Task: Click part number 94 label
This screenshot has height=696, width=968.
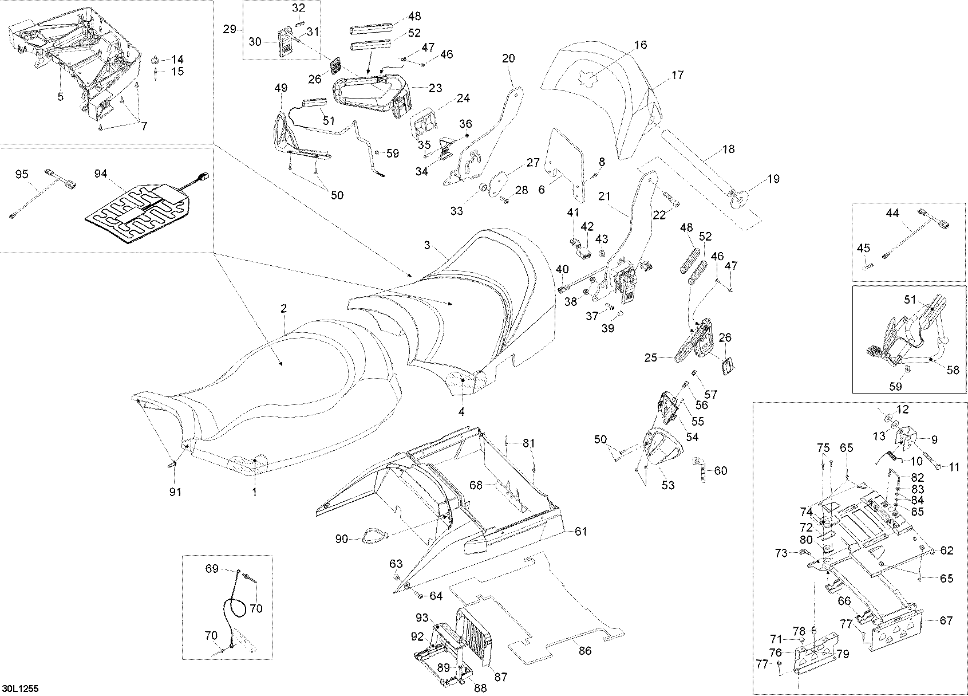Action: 101,174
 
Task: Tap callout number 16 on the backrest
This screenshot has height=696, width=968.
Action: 641,45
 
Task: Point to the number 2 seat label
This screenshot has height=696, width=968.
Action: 283,309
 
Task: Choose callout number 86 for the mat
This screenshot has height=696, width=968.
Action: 585,651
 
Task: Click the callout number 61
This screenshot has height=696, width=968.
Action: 582,532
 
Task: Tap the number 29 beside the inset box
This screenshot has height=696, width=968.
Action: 230,29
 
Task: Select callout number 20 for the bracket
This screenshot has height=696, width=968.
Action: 508,58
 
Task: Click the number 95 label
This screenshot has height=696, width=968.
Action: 22,174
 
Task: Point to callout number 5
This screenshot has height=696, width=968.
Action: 61,97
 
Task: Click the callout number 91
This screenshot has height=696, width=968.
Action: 176,492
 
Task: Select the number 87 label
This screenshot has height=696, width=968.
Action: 501,677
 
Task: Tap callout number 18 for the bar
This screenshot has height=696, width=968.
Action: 728,150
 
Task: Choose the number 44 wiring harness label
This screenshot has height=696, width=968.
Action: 892,213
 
